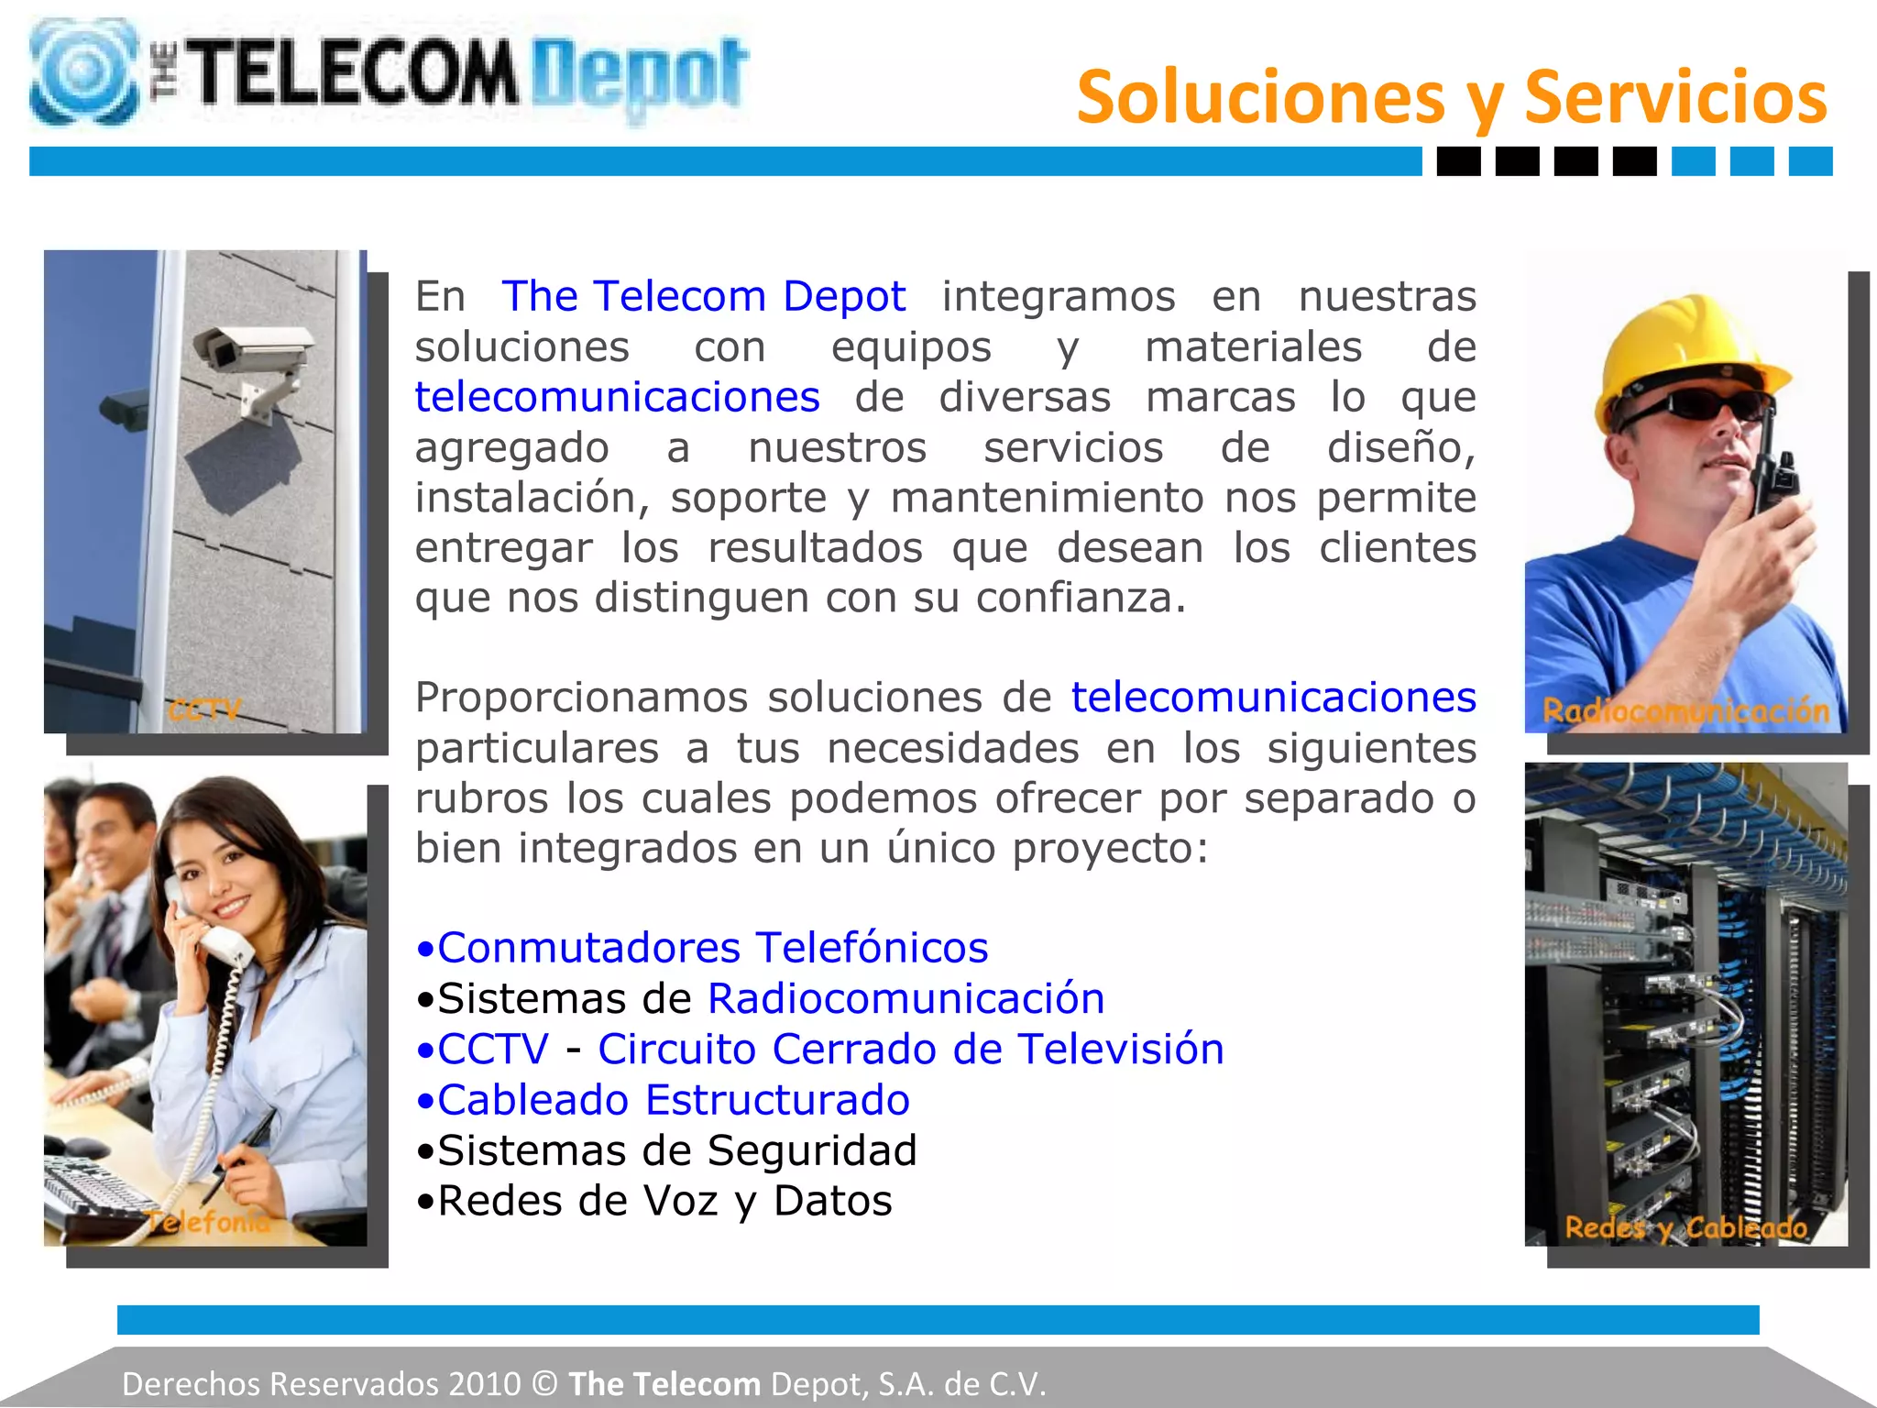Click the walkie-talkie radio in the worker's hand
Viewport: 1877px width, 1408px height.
(x=1773, y=467)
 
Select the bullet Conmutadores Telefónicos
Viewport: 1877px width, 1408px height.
(x=702, y=948)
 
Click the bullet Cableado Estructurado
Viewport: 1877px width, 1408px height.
(x=663, y=1100)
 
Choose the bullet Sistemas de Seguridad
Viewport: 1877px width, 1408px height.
(x=666, y=1150)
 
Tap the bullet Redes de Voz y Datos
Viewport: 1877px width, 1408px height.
(x=653, y=1201)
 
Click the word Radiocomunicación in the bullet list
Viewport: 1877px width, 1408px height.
(x=906, y=998)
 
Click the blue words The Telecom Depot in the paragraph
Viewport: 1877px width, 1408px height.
(x=703, y=296)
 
